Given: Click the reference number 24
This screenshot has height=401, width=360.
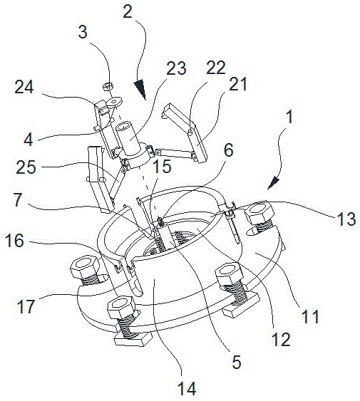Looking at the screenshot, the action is pos(24,87).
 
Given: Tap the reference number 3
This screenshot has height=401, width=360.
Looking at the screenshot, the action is pos(83,32).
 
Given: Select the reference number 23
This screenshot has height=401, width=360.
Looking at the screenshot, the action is pos(176,68).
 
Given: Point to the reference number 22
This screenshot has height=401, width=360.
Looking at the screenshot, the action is pos(216,68).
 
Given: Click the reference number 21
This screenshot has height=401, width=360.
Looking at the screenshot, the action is pos(238,84).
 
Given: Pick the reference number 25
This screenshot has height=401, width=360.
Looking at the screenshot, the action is pos(26,167).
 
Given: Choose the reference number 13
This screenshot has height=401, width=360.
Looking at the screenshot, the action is pos(346,219).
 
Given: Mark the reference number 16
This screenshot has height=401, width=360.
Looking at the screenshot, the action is pos(14,241).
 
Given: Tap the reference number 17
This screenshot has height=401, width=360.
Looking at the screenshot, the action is pos(26,306).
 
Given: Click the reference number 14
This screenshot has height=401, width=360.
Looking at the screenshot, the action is pos(187,389).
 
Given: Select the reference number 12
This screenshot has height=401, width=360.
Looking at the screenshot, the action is pos(281,340).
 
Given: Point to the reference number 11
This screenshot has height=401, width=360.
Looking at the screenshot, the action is pos(310,316).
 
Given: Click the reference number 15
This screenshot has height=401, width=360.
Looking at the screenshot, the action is pos(162,166).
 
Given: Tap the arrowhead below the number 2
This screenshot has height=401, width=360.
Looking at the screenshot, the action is pos(140,89).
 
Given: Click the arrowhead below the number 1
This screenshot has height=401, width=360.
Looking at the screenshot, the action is pos(272,182).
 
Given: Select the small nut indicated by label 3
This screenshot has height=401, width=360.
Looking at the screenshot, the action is pos(108,86).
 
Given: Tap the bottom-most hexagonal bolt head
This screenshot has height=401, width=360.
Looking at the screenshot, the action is pos(120,307).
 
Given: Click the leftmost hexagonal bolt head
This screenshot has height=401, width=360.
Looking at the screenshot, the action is pos(83,268).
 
